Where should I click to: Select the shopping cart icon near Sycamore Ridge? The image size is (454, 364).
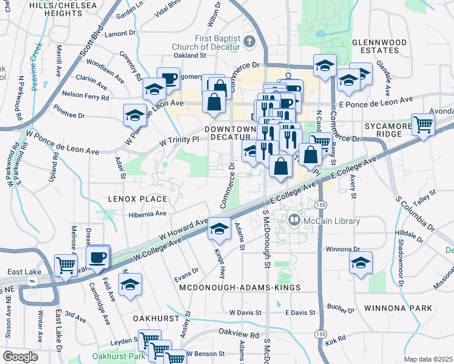[x=423, y=125]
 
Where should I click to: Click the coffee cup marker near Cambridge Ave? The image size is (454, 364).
[x=97, y=257]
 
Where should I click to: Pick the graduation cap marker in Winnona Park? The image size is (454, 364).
[x=361, y=263]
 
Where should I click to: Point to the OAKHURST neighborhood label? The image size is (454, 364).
[x=157, y=318]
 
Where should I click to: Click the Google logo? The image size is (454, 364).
[x=20, y=356]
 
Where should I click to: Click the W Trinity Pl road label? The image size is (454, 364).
[x=179, y=140]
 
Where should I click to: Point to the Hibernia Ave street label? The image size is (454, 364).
[x=147, y=214]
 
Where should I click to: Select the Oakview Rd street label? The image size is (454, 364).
[x=239, y=333]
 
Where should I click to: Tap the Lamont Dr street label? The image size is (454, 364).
[x=120, y=34]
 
